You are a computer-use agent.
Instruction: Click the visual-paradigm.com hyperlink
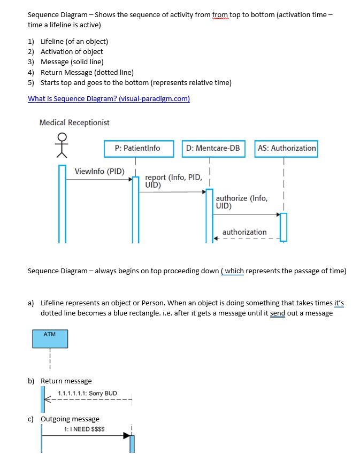[x=109, y=98]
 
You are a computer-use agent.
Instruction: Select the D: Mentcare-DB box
[x=213, y=148]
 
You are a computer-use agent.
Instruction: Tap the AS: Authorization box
[x=286, y=148]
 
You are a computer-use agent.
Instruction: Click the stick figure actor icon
[x=63, y=146]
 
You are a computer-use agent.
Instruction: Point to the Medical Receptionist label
[x=74, y=122]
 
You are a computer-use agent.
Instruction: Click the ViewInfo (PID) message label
[x=99, y=172]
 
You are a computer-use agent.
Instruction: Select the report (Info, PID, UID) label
[x=172, y=181]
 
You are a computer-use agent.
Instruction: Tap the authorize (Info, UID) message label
[x=242, y=202]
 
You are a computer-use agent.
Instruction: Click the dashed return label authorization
[x=244, y=232]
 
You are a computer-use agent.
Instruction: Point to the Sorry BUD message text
[x=87, y=393]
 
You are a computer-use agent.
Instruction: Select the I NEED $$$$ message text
[x=84, y=429]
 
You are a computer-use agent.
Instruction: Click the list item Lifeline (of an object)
[x=74, y=41]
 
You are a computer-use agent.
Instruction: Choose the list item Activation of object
[x=72, y=51]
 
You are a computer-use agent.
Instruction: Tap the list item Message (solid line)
[x=72, y=62]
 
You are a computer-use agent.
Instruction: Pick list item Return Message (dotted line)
[x=87, y=72]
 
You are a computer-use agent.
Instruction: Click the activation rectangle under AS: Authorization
[x=283, y=227]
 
